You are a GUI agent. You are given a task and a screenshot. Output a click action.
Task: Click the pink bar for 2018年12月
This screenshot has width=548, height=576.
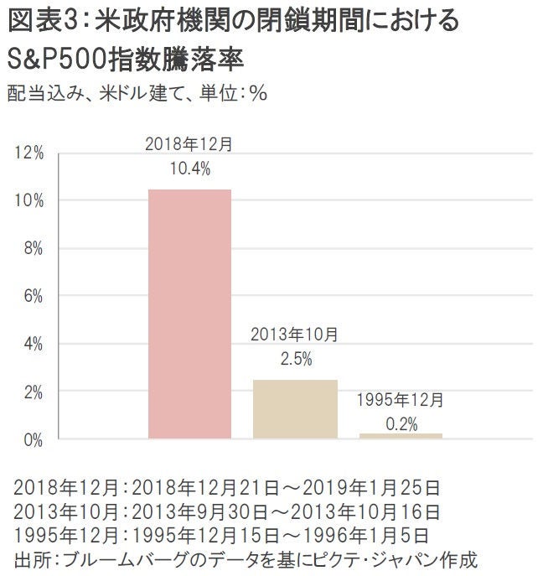point(189,314)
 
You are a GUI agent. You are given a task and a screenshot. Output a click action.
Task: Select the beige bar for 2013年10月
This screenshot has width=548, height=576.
point(295,409)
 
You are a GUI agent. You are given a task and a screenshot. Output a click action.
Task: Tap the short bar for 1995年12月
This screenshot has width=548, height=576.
point(401,435)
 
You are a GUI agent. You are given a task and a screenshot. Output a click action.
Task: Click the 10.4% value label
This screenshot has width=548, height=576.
point(189,168)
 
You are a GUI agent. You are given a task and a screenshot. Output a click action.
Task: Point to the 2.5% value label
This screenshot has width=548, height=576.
point(295,359)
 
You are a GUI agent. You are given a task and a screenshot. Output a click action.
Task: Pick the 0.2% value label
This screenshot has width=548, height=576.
point(401,424)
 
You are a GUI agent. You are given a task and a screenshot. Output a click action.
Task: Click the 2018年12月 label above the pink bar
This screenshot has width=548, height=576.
point(189,144)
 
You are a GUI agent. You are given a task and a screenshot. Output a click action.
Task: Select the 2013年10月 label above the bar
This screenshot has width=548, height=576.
point(295,335)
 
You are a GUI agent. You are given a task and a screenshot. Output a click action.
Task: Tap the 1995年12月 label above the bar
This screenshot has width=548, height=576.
point(401,400)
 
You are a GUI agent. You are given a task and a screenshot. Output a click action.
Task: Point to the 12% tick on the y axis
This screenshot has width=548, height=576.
point(29,153)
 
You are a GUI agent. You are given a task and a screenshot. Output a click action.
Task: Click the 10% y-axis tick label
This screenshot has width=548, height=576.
point(29,201)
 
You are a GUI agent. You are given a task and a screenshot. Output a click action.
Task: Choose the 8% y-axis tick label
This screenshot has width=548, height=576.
point(33,249)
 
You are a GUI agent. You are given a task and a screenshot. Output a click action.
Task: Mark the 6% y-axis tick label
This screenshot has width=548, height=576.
point(33,296)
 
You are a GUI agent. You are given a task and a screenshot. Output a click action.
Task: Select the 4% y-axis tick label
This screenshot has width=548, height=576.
point(33,344)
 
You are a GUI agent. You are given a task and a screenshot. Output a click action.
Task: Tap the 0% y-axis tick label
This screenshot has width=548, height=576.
point(33,439)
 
